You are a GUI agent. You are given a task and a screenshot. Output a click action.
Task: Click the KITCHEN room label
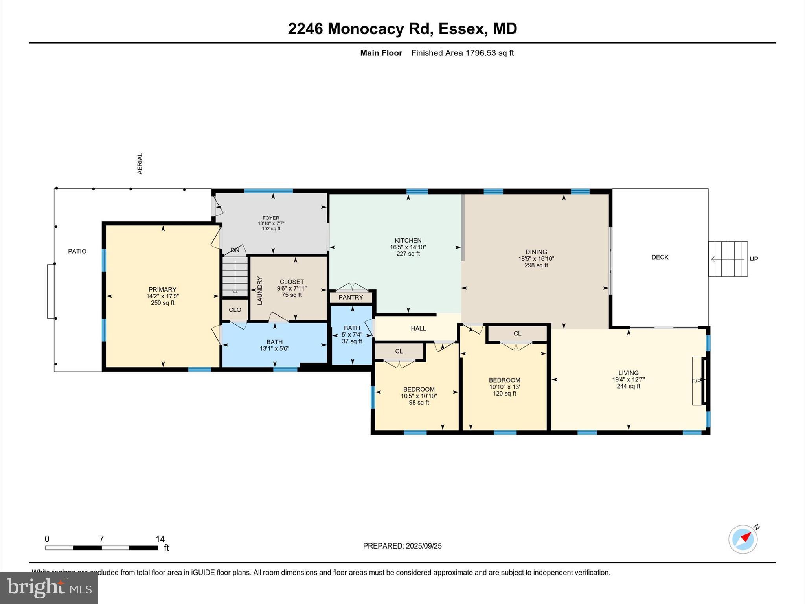[408, 240]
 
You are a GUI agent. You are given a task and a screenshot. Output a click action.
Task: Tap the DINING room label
[536, 252]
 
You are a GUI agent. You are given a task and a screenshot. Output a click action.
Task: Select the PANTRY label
[351, 297]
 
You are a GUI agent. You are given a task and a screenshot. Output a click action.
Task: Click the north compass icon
[743, 539]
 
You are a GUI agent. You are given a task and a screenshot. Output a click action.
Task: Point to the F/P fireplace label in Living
[696, 381]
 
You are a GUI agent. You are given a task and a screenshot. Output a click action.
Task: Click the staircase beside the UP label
[728, 259]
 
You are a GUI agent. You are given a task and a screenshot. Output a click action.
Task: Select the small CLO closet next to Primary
[235, 310]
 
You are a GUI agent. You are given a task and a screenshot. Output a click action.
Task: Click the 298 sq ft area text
[536, 265]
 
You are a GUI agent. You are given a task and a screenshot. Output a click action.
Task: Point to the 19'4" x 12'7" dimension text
[628, 380]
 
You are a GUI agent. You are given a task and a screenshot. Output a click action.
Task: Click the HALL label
[418, 328]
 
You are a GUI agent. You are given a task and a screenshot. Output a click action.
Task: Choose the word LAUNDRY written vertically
[259, 291]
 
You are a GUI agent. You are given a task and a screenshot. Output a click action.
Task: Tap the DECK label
[660, 257]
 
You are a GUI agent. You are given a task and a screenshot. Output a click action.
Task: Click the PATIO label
[77, 251]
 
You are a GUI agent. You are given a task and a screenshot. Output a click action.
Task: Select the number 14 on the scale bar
[160, 539]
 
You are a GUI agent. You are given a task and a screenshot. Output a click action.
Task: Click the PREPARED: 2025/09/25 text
[402, 546]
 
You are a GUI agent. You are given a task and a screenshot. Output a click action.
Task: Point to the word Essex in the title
[461, 29]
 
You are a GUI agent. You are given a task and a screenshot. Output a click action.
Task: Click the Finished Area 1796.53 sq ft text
[462, 53]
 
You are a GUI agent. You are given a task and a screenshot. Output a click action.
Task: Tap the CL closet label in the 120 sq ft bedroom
[517, 333]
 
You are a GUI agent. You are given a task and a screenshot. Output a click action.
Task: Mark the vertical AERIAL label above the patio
[140, 164]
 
